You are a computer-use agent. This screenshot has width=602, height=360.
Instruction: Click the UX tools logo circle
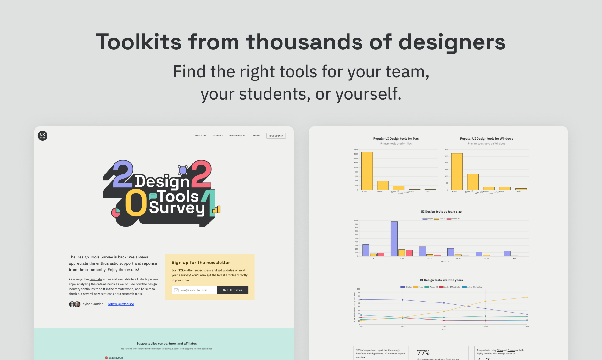(x=42, y=136)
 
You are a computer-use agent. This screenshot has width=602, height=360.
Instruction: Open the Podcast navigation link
(x=218, y=136)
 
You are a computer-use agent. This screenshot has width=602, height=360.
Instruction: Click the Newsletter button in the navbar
(x=276, y=136)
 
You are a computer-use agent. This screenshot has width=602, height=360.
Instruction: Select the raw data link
(x=96, y=279)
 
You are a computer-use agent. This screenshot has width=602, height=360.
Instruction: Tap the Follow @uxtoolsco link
(x=121, y=304)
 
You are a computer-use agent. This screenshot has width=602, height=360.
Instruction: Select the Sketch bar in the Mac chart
(x=383, y=186)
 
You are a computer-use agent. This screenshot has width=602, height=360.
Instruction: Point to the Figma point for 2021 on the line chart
(x=527, y=297)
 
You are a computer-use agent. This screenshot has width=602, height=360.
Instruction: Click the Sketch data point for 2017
(x=361, y=299)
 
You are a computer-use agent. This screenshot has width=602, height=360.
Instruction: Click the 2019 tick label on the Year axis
(x=444, y=327)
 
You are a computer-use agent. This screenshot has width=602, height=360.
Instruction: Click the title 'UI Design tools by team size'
(x=441, y=212)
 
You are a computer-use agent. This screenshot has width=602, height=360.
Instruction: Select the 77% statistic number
(x=423, y=352)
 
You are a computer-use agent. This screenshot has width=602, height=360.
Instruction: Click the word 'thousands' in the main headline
(x=304, y=42)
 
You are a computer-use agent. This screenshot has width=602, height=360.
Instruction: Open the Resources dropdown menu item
(x=237, y=136)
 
